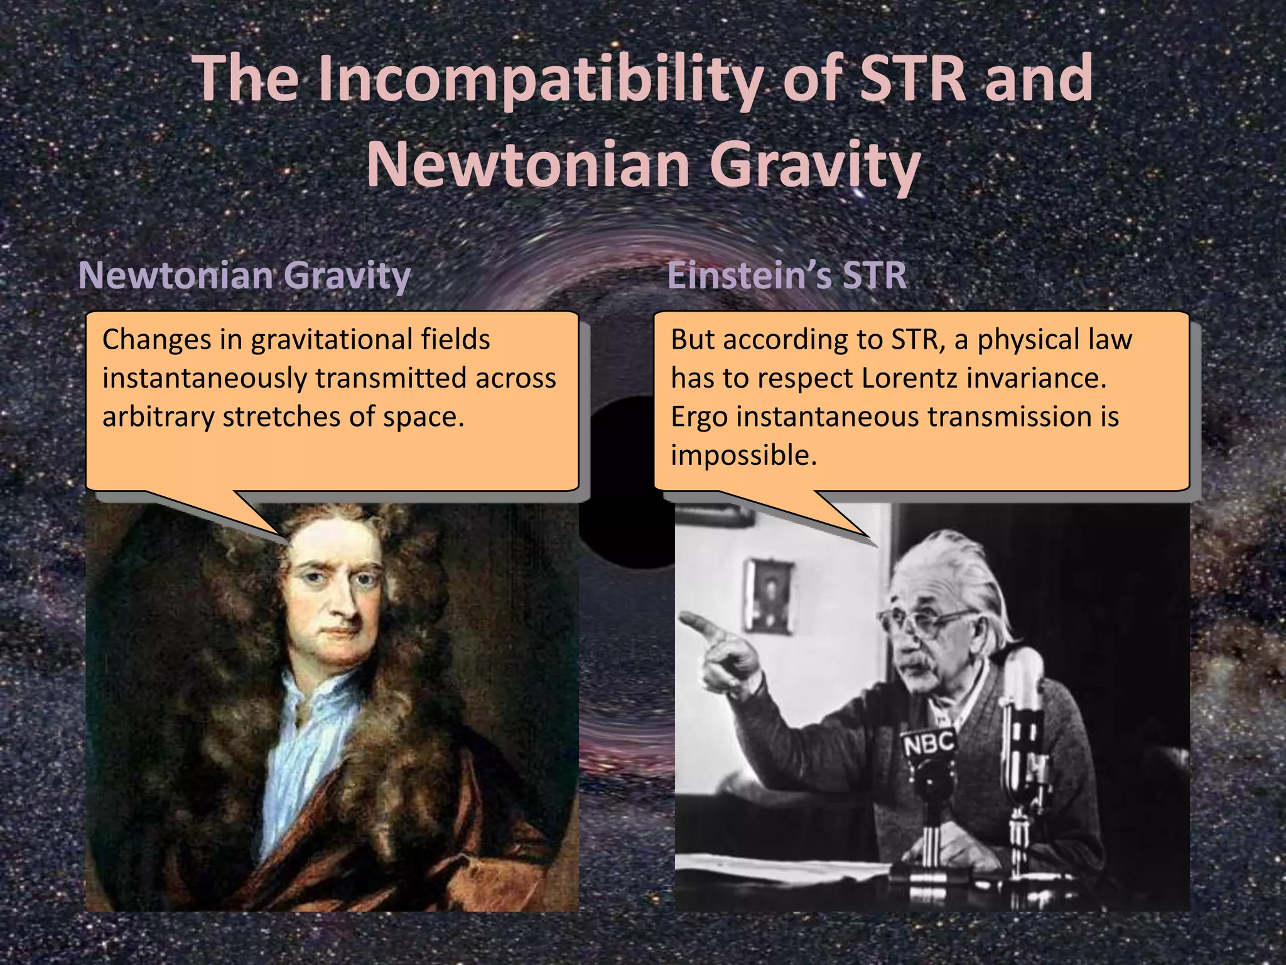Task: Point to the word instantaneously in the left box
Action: coord(207,378)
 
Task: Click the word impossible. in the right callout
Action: coord(743,455)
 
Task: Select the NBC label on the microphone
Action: coord(929,744)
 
